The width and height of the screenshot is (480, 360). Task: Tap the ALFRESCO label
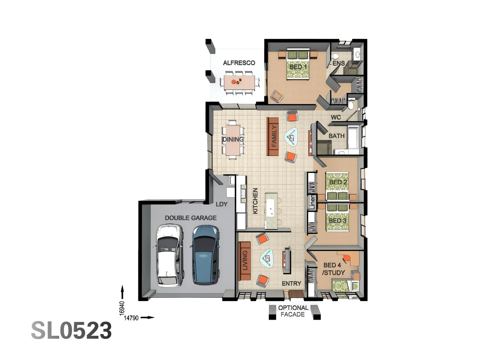tap(239, 63)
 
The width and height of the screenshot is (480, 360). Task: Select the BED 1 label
tap(298, 67)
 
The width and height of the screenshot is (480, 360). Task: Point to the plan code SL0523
tap(72, 330)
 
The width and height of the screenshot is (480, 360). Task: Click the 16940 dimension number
tap(122, 308)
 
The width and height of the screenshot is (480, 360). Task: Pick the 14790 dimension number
tap(131, 318)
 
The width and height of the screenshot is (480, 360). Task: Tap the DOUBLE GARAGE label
tap(191, 218)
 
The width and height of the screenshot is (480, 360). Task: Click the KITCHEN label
tap(255, 201)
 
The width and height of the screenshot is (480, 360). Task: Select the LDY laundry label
tap(222, 204)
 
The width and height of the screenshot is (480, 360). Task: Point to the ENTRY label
tap(291, 284)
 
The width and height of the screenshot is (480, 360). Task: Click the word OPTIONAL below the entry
tap(293, 308)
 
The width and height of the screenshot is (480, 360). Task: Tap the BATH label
tap(337, 136)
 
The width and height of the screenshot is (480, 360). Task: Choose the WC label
tap(336, 117)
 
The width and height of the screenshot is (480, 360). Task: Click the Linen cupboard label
tap(312, 202)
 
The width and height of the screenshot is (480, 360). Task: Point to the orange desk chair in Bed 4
tap(347, 258)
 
